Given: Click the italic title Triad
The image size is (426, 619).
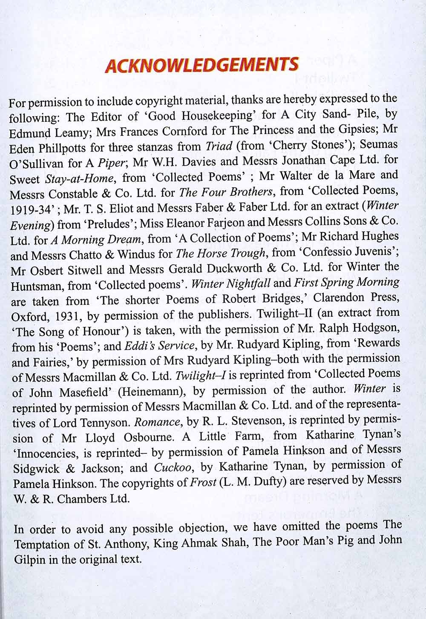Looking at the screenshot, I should click(219, 146).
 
